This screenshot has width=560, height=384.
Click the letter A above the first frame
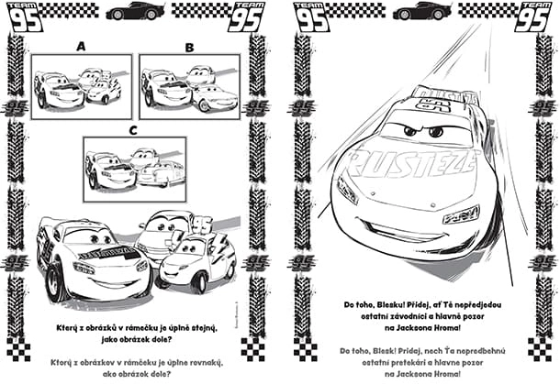tap(81, 45)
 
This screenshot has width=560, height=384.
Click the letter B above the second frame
tap(189, 45)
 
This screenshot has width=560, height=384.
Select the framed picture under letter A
tap(81, 86)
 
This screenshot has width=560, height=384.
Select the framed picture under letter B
tap(189, 86)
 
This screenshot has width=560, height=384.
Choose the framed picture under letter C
tap(134, 169)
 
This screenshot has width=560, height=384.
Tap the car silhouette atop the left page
tap(135, 11)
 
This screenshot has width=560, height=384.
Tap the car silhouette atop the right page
tap(421, 11)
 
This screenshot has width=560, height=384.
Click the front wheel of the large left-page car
tap(55, 280)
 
